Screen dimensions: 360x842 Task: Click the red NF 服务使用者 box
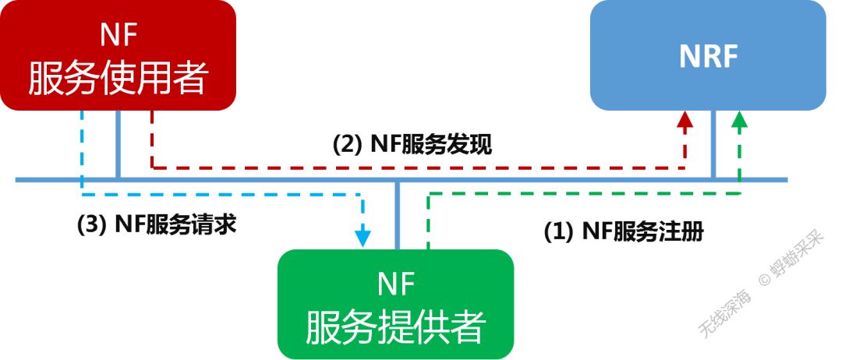click(118, 55)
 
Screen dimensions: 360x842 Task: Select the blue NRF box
click(707, 55)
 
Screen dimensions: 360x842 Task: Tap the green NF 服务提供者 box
click(396, 304)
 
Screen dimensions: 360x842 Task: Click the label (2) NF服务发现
click(412, 144)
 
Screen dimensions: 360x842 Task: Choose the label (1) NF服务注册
click(623, 232)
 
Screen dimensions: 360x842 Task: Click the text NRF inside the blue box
click(707, 56)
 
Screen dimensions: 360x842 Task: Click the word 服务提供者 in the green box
click(396, 326)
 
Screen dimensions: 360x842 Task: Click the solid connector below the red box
click(118, 144)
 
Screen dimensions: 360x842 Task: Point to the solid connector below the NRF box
click(713, 144)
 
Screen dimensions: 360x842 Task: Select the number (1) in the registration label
click(558, 232)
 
